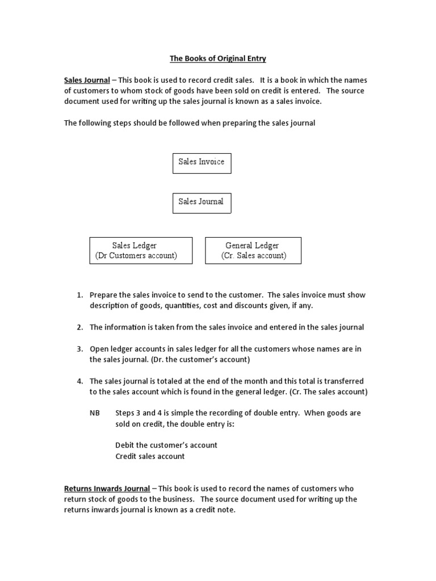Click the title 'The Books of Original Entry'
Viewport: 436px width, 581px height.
coord(217,58)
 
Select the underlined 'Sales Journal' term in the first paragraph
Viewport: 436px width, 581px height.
coord(87,80)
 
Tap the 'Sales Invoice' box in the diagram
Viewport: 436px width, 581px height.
coord(202,162)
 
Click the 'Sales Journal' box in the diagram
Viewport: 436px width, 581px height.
coord(202,202)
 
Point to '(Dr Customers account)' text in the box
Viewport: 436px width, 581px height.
coord(136,256)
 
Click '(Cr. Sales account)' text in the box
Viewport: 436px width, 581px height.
coord(254,256)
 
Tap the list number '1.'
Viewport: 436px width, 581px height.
coord(80,295)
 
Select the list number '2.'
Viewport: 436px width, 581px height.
coord(80,327)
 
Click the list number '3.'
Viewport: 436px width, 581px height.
coord(80,348)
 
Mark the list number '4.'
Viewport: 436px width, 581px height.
coord(80,381)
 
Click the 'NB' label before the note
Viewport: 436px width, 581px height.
coord(94,413)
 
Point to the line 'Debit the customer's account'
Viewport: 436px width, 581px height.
coord(166,445)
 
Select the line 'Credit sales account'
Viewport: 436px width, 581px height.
coord(150,456)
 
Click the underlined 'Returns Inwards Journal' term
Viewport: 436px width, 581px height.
coord(107,489)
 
